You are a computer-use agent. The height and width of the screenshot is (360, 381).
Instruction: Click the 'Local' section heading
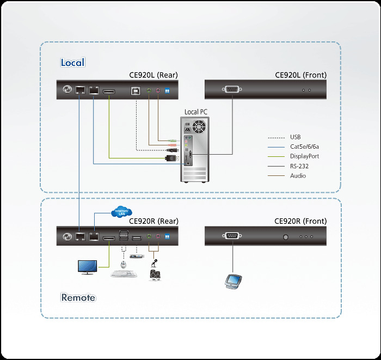pyautogui.click(x=72, y=63)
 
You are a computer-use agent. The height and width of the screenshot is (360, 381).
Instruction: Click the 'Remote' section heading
pyautogui.click(x=78, y=297)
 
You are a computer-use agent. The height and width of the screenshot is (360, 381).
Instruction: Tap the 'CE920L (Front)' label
pyautogui.click(x=300, y=75)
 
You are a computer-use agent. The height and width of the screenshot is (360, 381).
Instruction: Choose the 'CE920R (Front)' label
pyautogui.click(x=300, y=221)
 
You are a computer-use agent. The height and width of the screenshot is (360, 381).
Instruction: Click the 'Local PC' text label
pyautogui.click(x=195, y=112)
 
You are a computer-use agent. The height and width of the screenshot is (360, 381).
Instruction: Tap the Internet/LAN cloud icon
pyautogui.click(x=121, y=212)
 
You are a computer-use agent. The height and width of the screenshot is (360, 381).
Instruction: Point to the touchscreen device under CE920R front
pyautogui.click(x=233, y=281)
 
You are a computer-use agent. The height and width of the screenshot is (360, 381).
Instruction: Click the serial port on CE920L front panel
pyautogui.click(x=232, y=90)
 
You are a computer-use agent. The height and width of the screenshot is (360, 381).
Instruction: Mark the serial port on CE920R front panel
pyautogui.click(x=232, y=236)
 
